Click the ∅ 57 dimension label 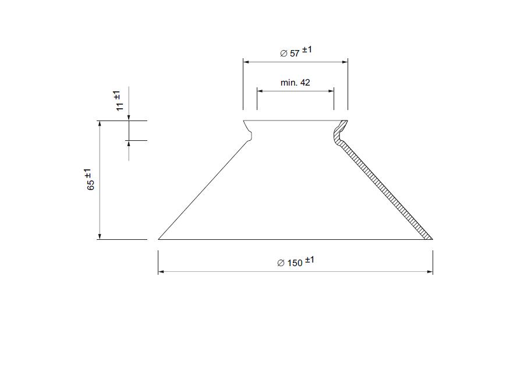pyautogui.click(x=296, y=52)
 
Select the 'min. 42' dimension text pyautogui.click(x=295, y=83)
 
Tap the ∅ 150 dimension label pyautogui.click(x=296, y=261)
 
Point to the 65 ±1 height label pyautogui.click(x=90, y=179)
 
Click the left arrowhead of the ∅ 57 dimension pyautogui.click(x=246, y=62)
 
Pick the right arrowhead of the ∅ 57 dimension pyautogui.click(x=345, y=62)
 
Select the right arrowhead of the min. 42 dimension pyautogui.click(x=331, y=91)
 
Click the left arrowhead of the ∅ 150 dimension pyautogui.click(x=161, y=272)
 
